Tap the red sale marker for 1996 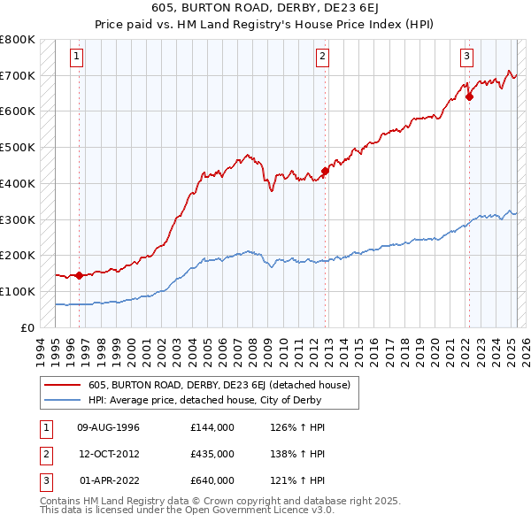coord(80,275)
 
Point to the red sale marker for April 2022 coord(469,97)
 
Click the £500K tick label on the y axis coord(18,148)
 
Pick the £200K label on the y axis coord(18,256)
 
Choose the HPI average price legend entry coord(204,400)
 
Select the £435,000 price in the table coord(212,454)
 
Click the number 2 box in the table coord(44,454)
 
